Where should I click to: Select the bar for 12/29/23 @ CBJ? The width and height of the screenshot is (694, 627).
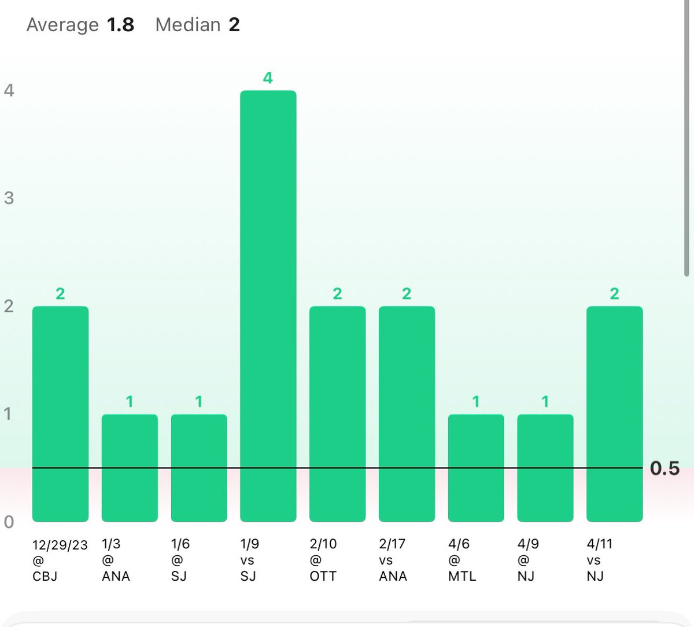tap(60, 414)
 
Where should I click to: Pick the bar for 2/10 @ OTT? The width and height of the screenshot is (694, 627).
tap(337, 414)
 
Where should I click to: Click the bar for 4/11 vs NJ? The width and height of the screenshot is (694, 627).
tap(614, 414)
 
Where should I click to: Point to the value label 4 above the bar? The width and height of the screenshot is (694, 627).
tap(268, 78)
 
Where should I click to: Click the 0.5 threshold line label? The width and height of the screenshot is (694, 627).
tap(665, 468)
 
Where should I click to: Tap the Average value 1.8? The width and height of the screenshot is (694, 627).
tap(120, 25)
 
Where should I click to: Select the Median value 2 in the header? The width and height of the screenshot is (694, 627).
tap(234, 25)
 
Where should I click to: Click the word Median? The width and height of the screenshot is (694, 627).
tap(188, 25)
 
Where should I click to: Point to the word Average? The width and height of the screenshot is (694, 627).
tap(62, 25)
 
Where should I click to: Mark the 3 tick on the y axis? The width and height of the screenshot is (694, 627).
tap(9, 198)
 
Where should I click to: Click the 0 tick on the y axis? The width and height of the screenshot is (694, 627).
tap(9, 522)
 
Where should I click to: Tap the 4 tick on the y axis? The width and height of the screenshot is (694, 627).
tap(9, 90)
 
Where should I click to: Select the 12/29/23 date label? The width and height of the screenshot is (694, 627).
tap(60, 544)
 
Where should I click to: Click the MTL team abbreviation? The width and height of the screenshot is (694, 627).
tap(462, 576)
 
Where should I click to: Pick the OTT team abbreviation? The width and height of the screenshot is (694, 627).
tap(323, 576)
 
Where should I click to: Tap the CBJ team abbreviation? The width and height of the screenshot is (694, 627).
tap(45, 576)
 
